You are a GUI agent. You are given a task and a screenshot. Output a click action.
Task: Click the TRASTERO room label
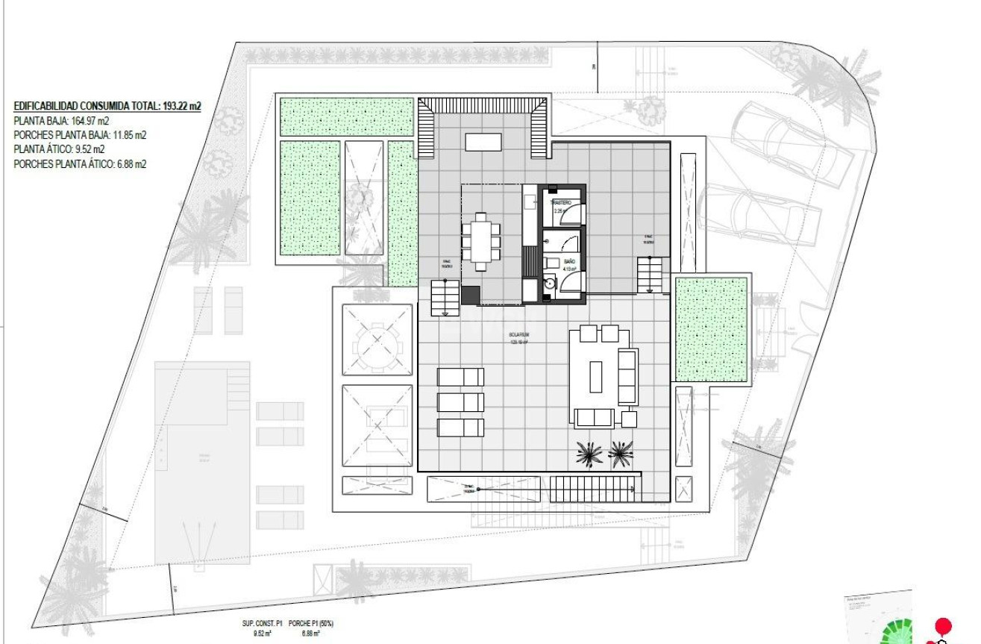(561, 203)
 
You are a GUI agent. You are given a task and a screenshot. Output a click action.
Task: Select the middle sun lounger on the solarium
(460, 402)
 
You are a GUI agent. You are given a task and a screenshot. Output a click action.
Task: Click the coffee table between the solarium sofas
(595, 376)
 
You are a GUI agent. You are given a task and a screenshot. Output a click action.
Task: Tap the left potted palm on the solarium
(589, 453)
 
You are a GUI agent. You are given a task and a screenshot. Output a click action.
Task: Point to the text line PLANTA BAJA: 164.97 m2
(62, 121)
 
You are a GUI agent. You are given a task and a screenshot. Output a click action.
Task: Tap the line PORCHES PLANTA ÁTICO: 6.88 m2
(80, 163)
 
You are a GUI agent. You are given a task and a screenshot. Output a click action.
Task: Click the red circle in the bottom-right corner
(943, 625)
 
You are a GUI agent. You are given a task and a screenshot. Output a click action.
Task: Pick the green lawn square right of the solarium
(711, 328)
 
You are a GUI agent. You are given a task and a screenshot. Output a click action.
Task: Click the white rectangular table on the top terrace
(483, 142)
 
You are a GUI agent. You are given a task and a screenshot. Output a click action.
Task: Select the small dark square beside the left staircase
(471, 295)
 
